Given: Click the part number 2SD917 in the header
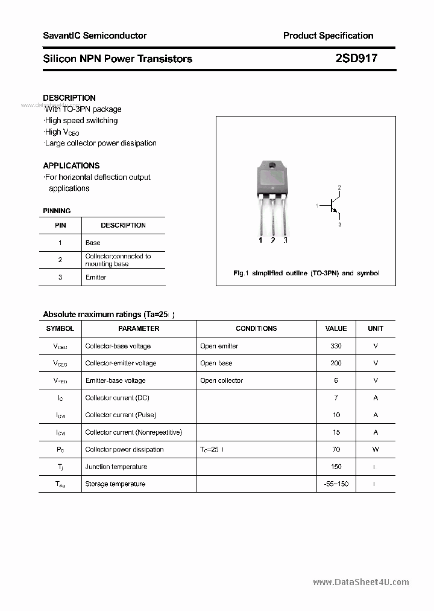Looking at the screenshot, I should point(356,59).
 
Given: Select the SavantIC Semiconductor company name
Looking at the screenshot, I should point(95,36).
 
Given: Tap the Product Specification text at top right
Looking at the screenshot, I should point(328,36).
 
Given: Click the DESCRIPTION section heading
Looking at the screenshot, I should point(69,98).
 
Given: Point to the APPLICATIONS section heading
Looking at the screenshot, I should point(71,165).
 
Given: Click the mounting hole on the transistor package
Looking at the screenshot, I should point(272,166).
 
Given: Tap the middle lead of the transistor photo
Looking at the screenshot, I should point(272,217).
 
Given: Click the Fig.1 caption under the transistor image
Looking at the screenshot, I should point(306,273).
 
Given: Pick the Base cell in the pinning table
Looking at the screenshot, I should point(93,243).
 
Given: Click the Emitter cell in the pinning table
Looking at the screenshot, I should point(96,277).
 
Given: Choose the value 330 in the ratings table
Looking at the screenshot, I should point(336,346).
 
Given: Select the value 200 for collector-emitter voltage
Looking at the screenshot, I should point(336,363).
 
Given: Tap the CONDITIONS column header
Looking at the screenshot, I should point(256,328).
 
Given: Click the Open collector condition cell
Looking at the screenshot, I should point(222,380).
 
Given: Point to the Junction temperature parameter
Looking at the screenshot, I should point(116,467).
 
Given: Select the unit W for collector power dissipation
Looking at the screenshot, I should point(376,449).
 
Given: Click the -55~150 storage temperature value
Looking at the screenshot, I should point(336,484).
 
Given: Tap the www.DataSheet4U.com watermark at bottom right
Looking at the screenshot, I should point(361,582).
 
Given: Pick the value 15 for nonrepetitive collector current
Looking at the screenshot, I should point(336,432).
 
